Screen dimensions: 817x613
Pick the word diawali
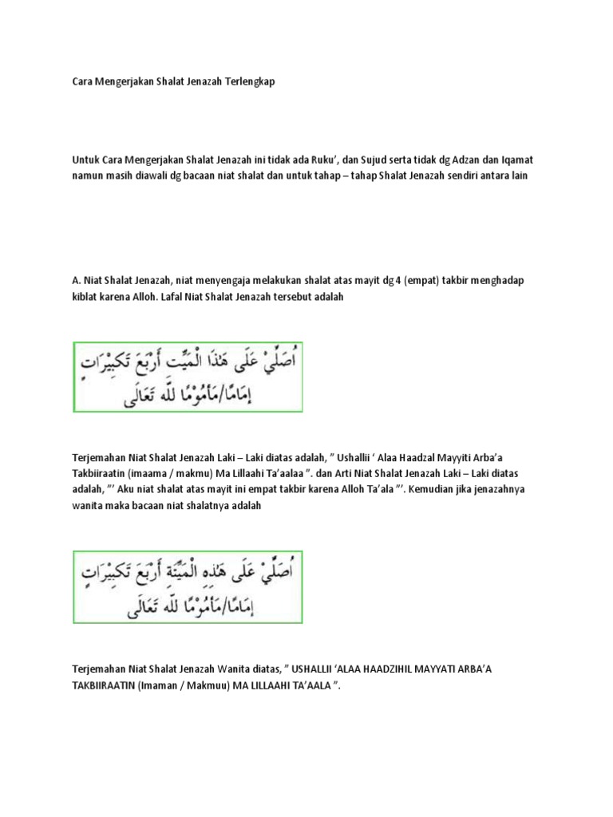pos(149,175)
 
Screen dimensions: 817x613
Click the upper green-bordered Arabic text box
pos(188,377)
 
